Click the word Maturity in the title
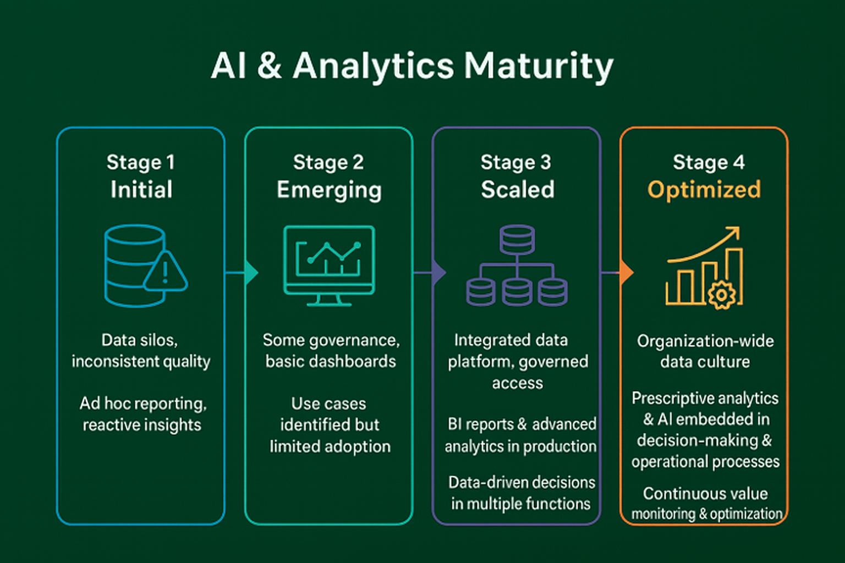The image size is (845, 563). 538,66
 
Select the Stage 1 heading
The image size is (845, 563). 141,162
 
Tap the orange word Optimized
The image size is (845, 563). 704,190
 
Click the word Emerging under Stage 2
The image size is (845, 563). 329,190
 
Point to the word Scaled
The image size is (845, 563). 517,190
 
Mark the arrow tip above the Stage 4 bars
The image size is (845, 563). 734,233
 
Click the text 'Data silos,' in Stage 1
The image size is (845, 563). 140,340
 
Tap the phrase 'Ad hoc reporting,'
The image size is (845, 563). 143,404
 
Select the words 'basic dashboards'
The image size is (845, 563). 331,361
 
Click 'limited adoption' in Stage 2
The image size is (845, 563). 330,446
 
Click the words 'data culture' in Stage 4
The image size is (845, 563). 705,362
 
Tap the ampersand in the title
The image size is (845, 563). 270,66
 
